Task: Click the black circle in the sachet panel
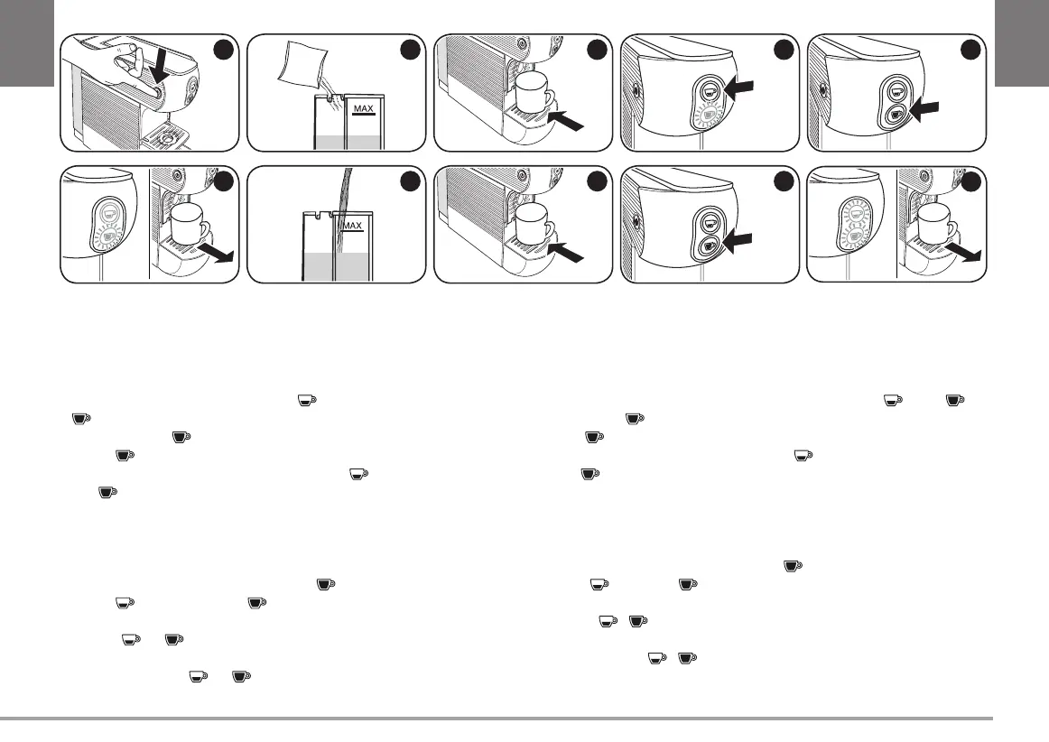click(x=410, y=51)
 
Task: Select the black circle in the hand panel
click(x=224, y=51)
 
